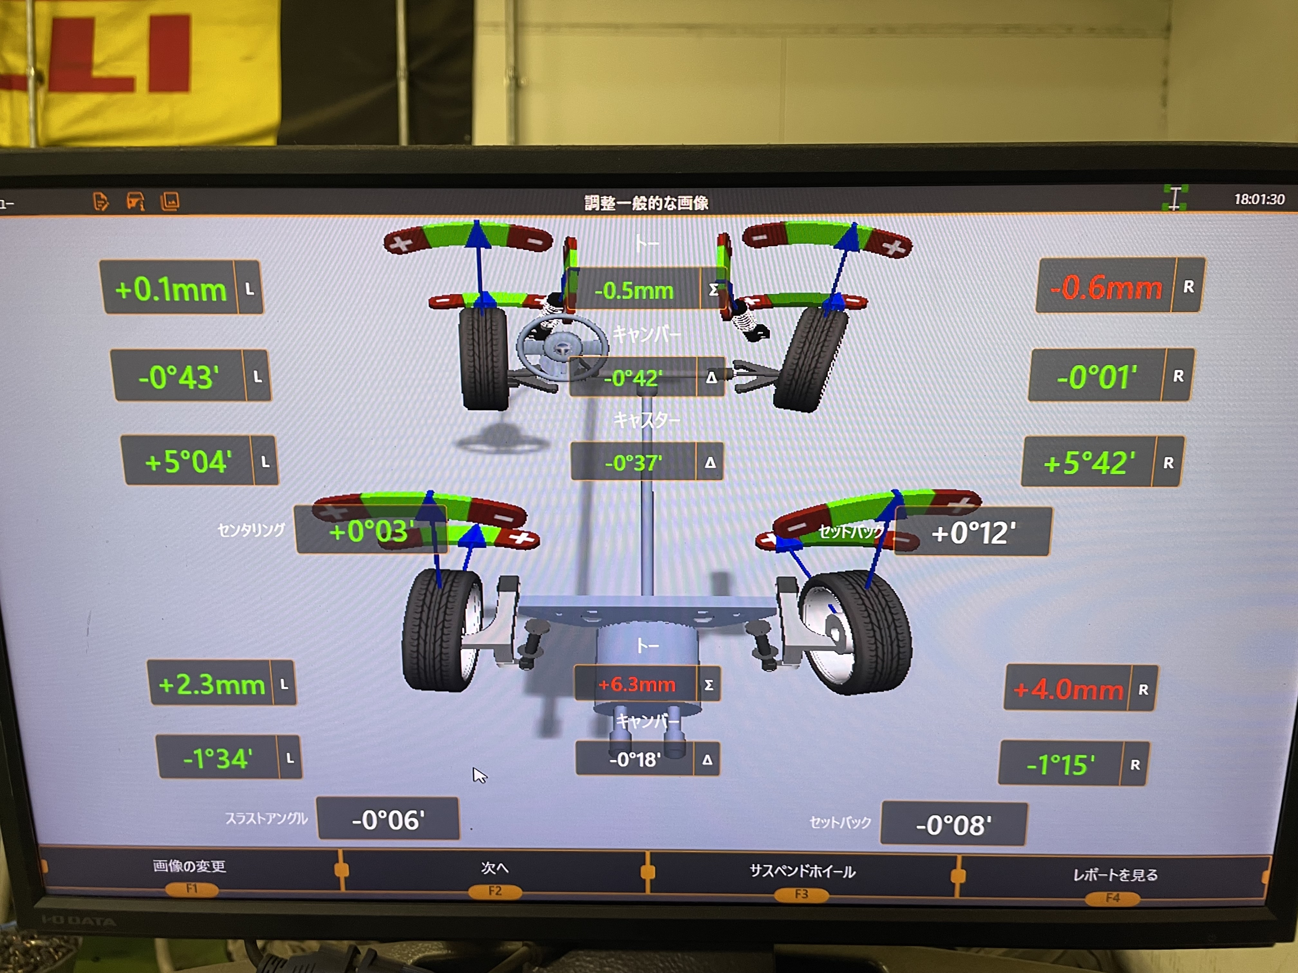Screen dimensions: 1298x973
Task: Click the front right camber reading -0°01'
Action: click(1096, 376)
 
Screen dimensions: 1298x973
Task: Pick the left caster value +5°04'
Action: click(188, 462)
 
